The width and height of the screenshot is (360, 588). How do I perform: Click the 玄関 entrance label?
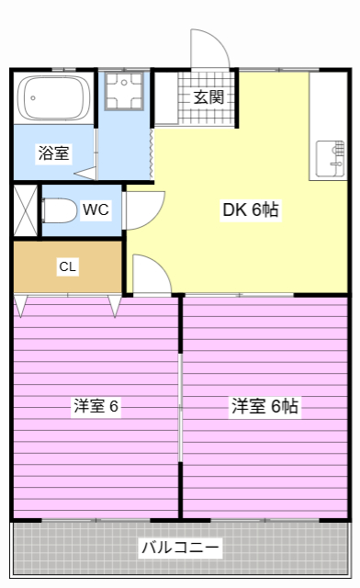pos(208,96)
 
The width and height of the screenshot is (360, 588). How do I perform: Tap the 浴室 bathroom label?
pos(53,153)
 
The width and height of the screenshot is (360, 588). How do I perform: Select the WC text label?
pos(96,209)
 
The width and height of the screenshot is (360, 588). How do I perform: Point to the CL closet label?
pos(68,267)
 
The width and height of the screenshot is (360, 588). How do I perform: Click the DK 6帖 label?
pos(251,209)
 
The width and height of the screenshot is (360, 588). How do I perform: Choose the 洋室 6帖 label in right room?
pos(264,405)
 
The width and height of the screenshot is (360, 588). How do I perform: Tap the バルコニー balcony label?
pos(180,548)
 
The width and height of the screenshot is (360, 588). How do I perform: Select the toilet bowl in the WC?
pos(60,211)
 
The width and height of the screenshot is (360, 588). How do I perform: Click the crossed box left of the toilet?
pos(25,209)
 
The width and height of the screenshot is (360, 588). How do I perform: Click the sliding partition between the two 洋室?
pos(181,404)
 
